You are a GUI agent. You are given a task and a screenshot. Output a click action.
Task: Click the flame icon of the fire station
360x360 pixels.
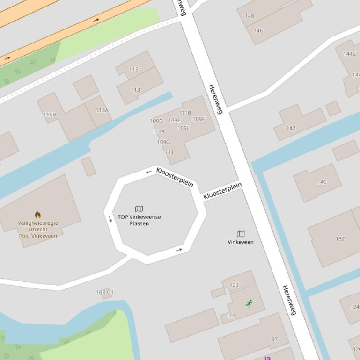point(38,215)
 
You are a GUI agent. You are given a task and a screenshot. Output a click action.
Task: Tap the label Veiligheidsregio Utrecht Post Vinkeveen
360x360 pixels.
point(38,230)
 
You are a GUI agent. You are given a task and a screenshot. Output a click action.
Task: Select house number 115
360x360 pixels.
point(134,70)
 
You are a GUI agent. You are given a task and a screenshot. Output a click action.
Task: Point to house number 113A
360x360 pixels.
point(102,110)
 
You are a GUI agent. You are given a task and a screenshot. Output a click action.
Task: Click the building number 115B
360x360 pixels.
point(50,115)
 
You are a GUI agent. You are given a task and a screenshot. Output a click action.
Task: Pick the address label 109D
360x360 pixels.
point(156,121)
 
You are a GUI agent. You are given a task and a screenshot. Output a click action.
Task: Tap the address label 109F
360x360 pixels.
point(198,119)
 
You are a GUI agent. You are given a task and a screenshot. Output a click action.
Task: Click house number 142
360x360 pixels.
point(291,128)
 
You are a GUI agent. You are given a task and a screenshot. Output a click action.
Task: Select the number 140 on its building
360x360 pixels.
point(322,182)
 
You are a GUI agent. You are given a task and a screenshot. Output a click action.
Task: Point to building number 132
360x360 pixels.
point(340,239)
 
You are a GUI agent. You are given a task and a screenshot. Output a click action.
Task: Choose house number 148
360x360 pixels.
point(250,16)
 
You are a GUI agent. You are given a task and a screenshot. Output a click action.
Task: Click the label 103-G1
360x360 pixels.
point(105,293)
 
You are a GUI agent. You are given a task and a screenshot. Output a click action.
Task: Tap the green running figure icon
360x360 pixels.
point(249,303)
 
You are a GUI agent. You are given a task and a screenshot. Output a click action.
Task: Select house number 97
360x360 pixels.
point(275,339)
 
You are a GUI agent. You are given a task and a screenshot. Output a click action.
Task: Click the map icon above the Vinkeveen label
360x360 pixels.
point(241,234)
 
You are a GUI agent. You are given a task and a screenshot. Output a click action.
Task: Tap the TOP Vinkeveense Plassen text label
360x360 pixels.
point(139,220)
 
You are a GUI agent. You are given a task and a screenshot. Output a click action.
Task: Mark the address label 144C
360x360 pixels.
point(349,54)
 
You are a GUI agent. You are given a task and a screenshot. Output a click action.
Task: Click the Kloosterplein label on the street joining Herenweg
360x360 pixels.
point(222,192)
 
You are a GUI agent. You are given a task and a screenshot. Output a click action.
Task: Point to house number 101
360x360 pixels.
point(231,316)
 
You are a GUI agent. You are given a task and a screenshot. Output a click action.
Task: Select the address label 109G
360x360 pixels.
point(163,142)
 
